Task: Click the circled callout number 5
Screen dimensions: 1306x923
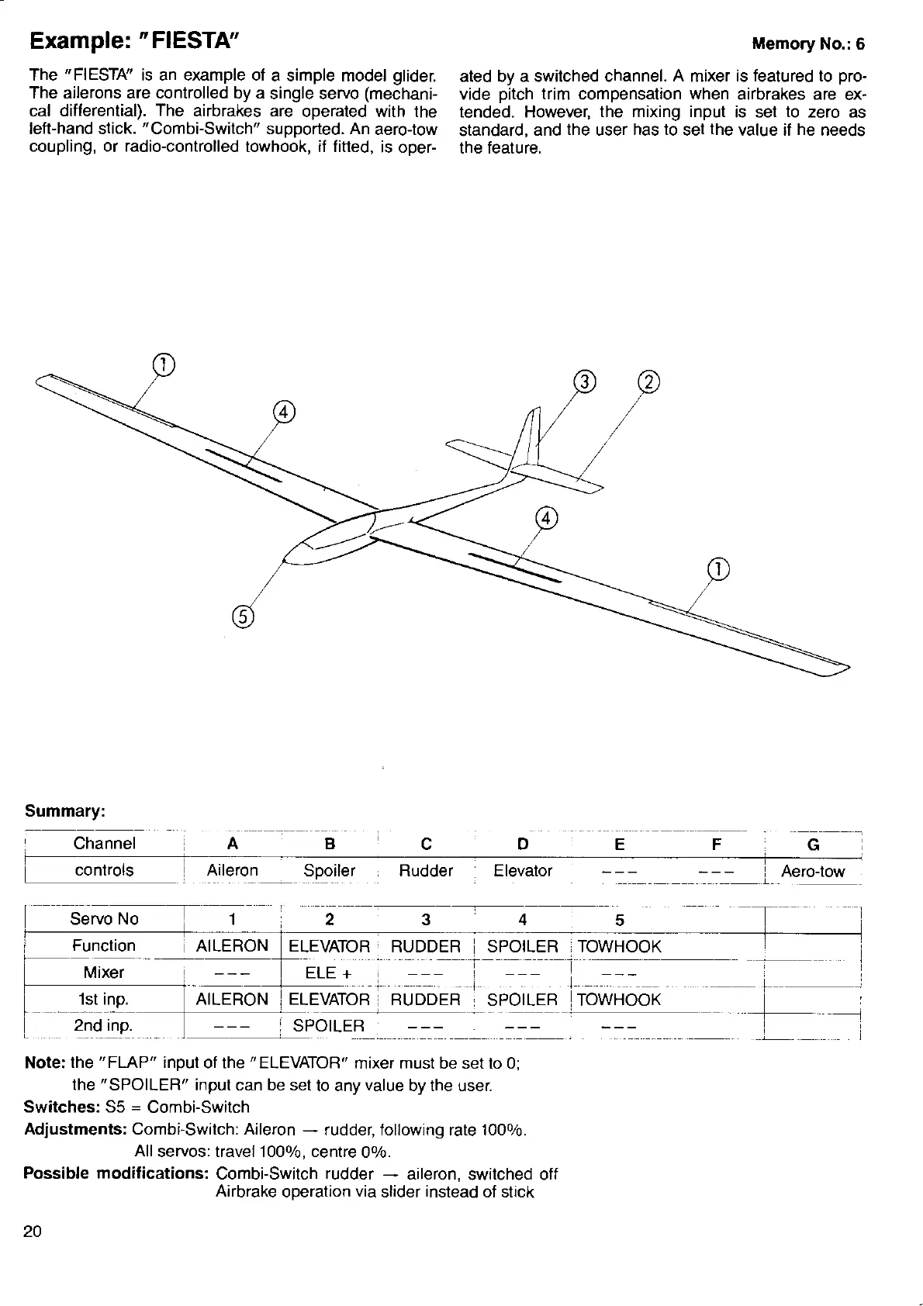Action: point(242,617)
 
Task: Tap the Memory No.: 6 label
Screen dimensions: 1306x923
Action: point(807,43)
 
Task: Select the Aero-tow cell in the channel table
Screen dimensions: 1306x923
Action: point(812,871)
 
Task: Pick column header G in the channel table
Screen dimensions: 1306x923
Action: point(813,845)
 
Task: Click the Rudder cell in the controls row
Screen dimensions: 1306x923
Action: point(425,870)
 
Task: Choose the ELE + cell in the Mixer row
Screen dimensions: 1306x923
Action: point(330,973)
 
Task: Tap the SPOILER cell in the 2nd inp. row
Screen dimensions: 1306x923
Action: point(328,1026)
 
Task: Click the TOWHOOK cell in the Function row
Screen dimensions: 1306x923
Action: point(619,946)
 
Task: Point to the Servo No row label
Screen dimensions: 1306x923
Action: point(104,919)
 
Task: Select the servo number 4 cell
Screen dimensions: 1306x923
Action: point(523,920)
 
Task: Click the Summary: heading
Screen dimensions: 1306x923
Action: point(65,811)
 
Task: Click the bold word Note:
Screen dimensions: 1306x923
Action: point(44,1062)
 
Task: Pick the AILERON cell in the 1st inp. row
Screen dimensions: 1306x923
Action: point(232,1000)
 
